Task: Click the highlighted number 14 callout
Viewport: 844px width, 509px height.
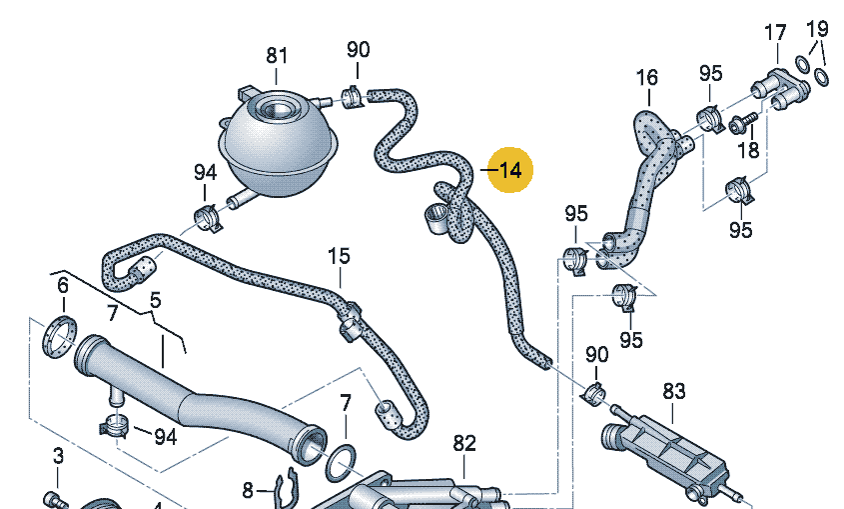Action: (510, 171)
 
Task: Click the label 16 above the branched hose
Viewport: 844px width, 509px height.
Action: (646, 77)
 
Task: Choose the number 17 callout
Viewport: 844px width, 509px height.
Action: (775, 33)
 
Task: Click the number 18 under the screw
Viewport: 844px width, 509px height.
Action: (747, 150)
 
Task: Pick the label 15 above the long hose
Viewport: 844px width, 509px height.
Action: (339, 257)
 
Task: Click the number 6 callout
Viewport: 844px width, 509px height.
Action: (63, 286)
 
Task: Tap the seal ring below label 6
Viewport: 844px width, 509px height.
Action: (62, 334)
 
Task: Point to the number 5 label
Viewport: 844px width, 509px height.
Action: (155, 299)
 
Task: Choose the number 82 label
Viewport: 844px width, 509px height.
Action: (464, 443)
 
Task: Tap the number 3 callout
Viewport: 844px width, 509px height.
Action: (58, 457)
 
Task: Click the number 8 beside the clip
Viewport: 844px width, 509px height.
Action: (249, 490)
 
